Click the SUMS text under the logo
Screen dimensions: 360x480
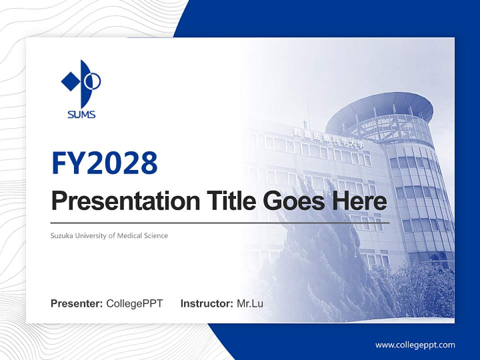pyautogui.click(x=81, y=115)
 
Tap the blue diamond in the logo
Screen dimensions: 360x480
pyautogui.click(x=70, y=81)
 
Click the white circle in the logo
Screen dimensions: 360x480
pyautogui.click(x=94, y=80)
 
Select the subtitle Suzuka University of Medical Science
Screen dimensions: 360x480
pyautogui.click(x=109, y=235)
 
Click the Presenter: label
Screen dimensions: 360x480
pyautogui.click(x=76, y=303)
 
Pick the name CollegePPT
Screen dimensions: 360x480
pyautogui.click(x=134, y=303)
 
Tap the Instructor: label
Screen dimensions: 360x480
pyautogui.click(x=206, y=303)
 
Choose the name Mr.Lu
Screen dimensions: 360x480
pyautogui.click(x=250, y=303)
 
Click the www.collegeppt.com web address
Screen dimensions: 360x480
pyautogui.click(x=415, y=345)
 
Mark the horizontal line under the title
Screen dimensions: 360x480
pyautogui.click(x=220, y=222)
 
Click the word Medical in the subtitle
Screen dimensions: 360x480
pyautogui.click(x=129, y=235)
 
